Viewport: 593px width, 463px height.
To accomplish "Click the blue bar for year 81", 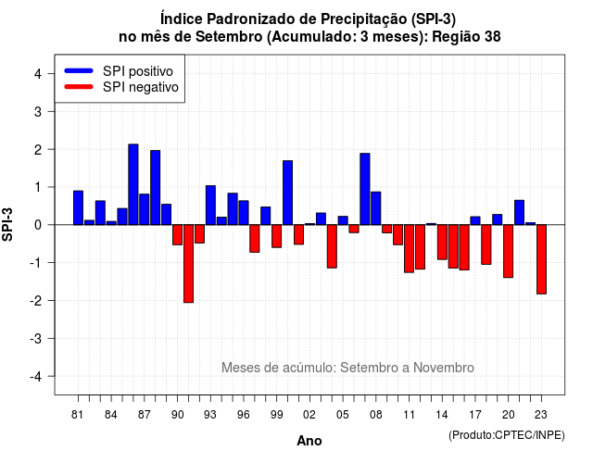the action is tap(78, 207).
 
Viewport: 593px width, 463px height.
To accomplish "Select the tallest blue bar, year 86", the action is tap(133, 184).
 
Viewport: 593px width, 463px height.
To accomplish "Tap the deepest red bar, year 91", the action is tap(188, 264).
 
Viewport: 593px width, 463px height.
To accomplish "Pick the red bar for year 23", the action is tap(541, 259).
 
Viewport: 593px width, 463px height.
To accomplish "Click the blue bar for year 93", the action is tap(210, 206).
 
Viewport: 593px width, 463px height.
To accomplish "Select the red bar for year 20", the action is tap(509, 251).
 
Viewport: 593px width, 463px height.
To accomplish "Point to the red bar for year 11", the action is tap(409, 249).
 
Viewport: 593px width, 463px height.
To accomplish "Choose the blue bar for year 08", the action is tap(376, 208).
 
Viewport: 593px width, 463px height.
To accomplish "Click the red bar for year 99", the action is tap(276, 236).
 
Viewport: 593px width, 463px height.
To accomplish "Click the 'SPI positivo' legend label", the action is tap(138, 71).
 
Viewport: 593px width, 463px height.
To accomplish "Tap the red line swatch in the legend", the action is tap(79, 86).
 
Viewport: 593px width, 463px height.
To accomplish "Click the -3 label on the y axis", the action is tap(36, 338).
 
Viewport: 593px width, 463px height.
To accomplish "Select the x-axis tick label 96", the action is tap(244, 415).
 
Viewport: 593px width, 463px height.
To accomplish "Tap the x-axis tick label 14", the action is tap(442, 415).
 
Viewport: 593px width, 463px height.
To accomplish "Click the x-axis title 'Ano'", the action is tap(309, 441).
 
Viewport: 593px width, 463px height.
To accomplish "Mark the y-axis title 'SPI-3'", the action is tap(7, 224).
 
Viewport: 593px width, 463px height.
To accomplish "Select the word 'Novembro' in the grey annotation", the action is tap(444, 368).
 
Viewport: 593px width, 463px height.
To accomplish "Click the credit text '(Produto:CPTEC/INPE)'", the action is tap(507, 435).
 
